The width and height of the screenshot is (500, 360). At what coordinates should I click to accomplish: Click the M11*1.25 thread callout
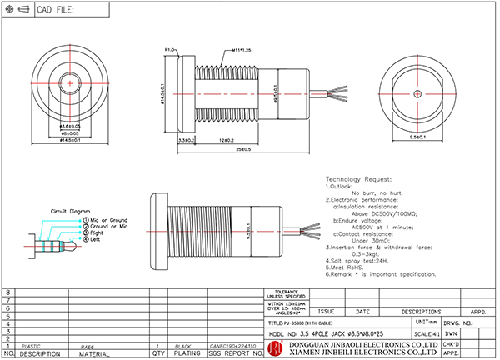click(x=218, y=50)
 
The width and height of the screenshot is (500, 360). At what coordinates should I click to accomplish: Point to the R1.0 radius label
click(x=169, y=50)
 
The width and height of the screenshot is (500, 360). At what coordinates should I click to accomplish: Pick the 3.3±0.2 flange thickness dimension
click(x=186, y=141)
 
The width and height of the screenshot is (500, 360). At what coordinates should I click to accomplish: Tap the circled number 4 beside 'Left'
click(x=84, y=238)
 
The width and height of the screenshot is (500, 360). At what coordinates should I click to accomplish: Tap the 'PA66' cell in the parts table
click(x=87, y=344)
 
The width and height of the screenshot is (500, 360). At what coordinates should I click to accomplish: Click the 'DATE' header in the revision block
click(x=363, y=311)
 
